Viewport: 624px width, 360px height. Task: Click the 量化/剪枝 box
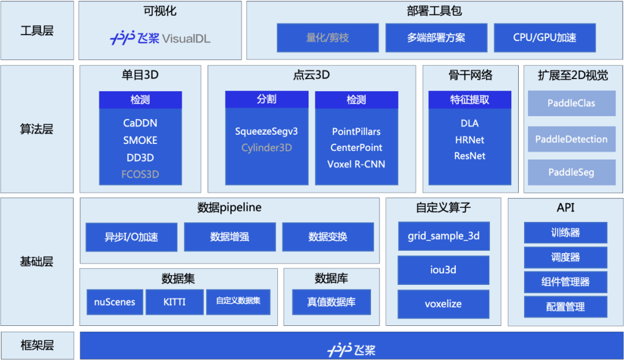328,38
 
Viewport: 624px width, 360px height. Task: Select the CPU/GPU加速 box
544,38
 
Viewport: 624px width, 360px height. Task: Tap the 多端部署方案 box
436,38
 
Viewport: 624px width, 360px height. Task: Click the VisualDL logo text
186,39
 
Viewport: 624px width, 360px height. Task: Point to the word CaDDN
140,123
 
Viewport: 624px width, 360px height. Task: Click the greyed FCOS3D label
140,174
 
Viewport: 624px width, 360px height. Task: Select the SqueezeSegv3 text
266,131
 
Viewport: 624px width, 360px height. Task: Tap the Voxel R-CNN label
356,164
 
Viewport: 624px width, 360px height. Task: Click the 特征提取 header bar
470,99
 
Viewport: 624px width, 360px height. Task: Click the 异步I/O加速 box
131,237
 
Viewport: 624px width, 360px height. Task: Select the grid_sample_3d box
444,236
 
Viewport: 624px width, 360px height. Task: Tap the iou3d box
444,270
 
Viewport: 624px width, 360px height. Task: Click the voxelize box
444,303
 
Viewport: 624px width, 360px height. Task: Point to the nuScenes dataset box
114,302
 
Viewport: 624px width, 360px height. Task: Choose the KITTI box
174,302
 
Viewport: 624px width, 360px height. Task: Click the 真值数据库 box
331,302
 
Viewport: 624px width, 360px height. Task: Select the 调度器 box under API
565,257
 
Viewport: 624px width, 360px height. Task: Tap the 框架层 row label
37,346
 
